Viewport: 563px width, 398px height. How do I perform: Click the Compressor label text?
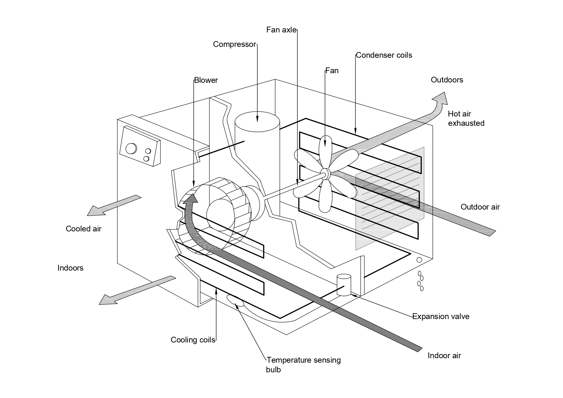click(235, 44)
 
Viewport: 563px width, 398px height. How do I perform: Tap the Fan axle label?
click(281, 30)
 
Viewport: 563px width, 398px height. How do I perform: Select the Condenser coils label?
click(384, 55)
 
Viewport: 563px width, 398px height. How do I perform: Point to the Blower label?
click(206, 80)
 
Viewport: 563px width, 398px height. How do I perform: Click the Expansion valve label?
click(441, 316)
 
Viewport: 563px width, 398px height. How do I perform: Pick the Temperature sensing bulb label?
click(303, 365)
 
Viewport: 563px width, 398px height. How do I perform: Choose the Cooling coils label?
click(193, 340)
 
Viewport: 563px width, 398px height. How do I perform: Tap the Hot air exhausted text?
click(466, 118)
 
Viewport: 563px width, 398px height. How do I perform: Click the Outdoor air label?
click(480, 207)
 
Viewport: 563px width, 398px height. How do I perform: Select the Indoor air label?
click(444, 356)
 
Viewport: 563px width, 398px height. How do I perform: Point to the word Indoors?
click(70, 268)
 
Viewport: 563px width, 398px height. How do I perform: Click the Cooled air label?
click(83, 229)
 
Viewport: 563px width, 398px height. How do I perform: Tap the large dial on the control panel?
click(131, 149)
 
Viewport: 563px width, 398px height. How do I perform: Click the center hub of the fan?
click(325, 174)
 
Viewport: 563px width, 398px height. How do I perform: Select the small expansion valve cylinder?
click(344, 285)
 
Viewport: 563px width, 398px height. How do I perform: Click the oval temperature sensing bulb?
click(235, 300)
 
